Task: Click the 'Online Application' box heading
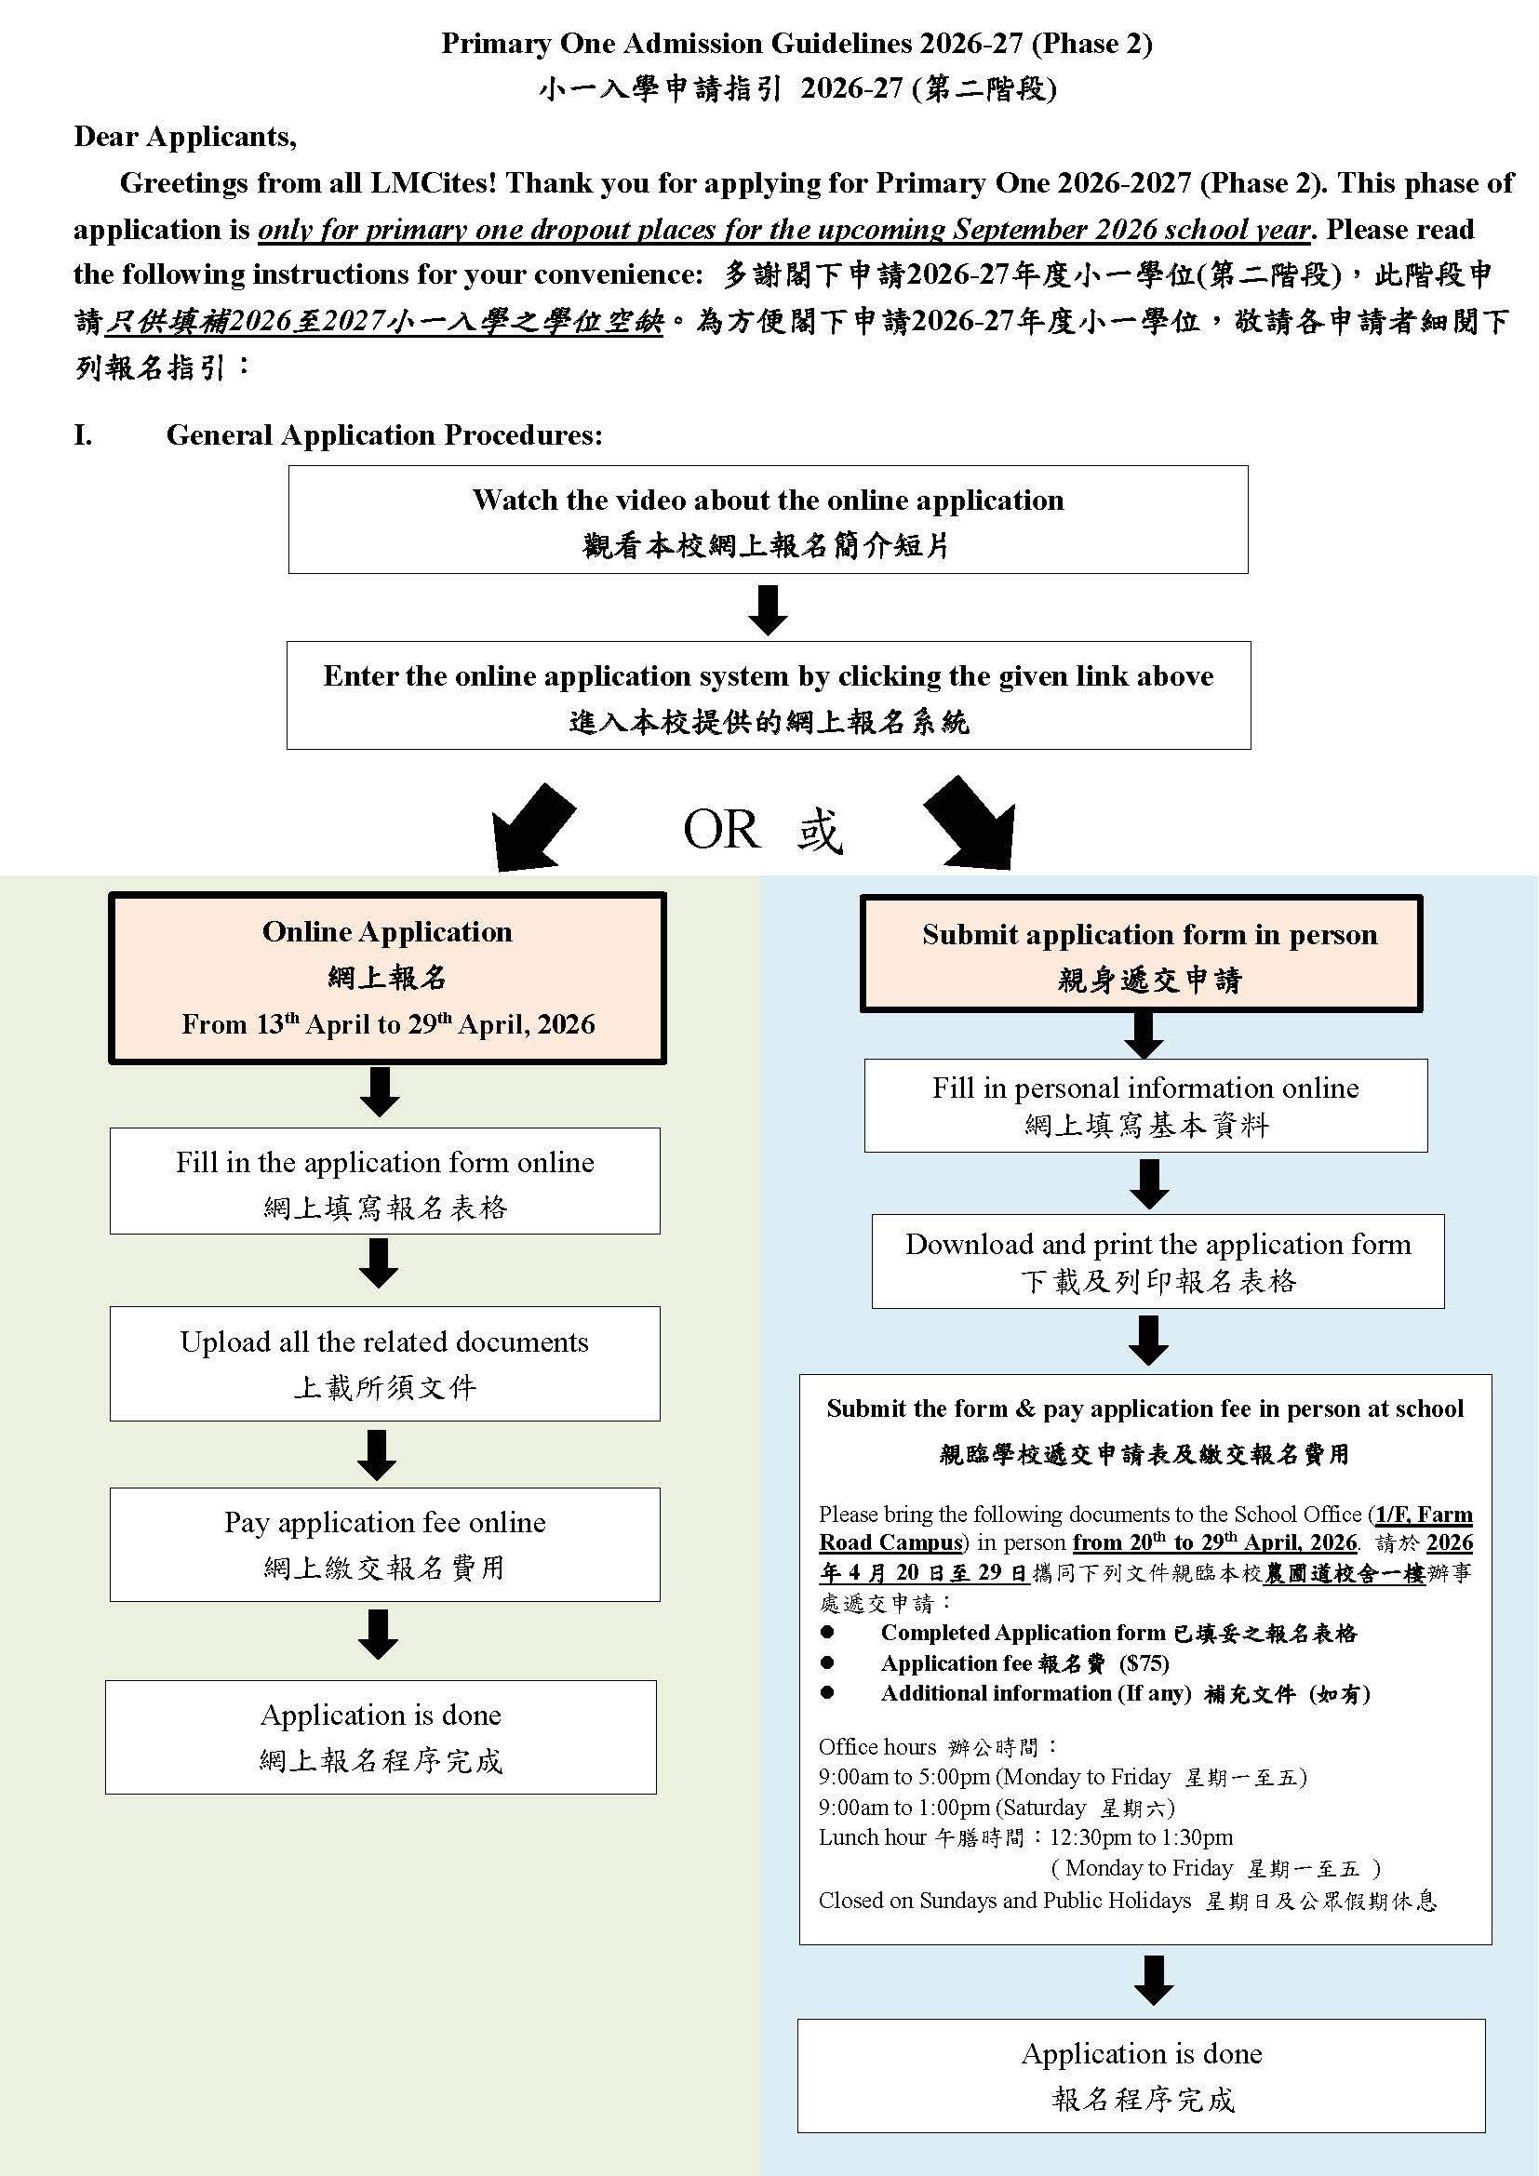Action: point(387,931)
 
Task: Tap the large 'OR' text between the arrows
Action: point(721,830)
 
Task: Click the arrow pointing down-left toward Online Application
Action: point(530,826)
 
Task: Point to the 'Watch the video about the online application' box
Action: point(768,519)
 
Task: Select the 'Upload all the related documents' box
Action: point(385,1363)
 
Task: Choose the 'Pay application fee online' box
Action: point(385,1544)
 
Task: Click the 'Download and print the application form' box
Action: point(1158,1261)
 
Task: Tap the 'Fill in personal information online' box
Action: point(1144,1105)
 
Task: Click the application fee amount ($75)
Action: point(1144,1663)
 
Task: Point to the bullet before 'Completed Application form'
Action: point(828,1632)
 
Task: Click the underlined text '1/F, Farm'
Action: point(1424,1515)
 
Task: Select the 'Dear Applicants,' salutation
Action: point(186,138)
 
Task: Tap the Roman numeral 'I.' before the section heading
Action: point(84,435)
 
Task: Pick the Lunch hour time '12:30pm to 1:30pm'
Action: point(1141,1836)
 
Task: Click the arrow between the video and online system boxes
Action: point(768,609)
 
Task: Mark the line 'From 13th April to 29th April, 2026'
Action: point(388,1024)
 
